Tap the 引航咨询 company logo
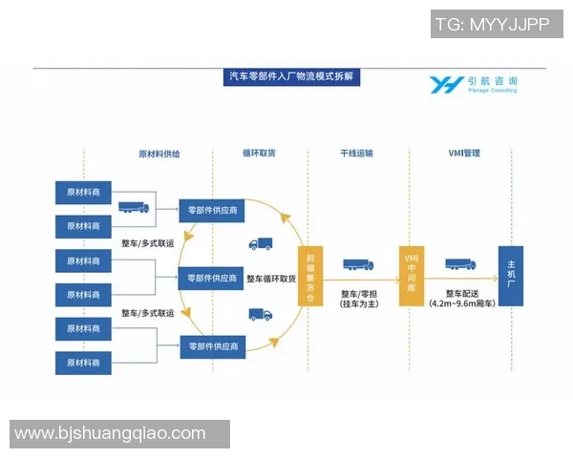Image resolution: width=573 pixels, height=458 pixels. click(474, 84)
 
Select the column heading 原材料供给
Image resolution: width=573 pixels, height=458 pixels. click(159, 153)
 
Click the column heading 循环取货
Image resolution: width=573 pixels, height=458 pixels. click(259, 153)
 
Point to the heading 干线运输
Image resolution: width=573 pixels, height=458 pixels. click(356, 153)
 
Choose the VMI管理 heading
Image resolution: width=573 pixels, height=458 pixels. click(464, 153)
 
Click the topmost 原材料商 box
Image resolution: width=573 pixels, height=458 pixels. click(83, 191)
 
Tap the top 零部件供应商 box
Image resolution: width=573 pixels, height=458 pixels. click(213, 209)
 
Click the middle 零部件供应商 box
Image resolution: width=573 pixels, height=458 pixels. click(213, 278)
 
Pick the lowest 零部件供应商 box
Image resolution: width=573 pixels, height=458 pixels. click(213, 344)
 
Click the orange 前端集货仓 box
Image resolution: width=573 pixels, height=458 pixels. click(309, 278)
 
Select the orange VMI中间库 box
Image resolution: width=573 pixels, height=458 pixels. click(412, 277)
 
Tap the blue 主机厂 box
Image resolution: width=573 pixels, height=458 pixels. click(511, 276)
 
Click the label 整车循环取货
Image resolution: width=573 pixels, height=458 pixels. click(271, 279)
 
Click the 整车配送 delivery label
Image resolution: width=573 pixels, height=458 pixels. click(463, 299)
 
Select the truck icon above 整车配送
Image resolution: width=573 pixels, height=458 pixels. click(460, 265)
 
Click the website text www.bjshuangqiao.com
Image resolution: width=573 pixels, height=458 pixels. click(111, 433)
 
